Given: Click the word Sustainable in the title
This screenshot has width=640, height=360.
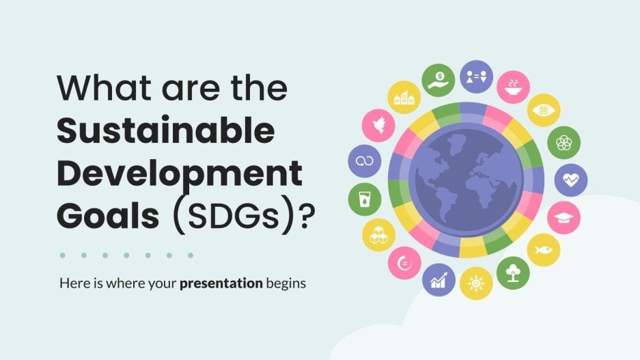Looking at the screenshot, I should pyautogui.click(x=166, y=131).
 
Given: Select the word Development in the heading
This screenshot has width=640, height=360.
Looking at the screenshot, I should pyautogui.click(x=179, y=174).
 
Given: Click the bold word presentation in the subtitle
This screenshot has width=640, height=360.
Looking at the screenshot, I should pyautogui.click(x=221, y=283).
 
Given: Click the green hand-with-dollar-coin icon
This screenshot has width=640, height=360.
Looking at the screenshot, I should pyautogui.click(x=438, y=79).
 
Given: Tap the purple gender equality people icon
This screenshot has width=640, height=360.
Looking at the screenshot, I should pyautogui.click(x=476, y=77).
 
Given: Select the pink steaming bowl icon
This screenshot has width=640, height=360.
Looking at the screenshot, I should pyautogui.click(x=512, y=87).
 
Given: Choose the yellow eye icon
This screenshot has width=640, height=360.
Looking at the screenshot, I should pyautogui.click(x=544, y=110).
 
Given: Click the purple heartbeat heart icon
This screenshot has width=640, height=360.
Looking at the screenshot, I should pyautogui.click(x=570, y=180).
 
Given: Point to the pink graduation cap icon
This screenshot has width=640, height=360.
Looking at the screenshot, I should pyautogui.click(x=564, y=217).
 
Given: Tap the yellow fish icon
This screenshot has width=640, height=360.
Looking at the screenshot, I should pyautogui.click(x=544, y=249).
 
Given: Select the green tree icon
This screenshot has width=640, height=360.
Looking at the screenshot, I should pyautogui.click(x=512, y=273).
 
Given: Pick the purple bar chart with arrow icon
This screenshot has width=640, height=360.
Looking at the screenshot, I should pyautogui.click(x=438, y=279).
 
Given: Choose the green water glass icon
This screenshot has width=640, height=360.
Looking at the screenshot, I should pyautogui.click(x=364, y=199).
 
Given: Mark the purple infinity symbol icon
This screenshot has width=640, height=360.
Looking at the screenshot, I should pyautogui.click(x=364, y=161).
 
